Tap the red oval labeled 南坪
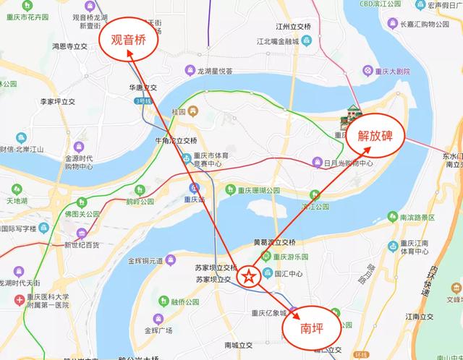312,330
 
